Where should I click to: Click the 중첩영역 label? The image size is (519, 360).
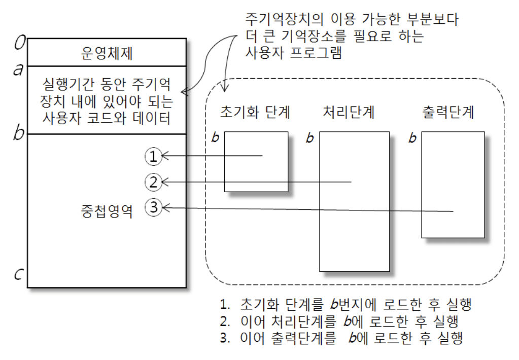coord(107,211)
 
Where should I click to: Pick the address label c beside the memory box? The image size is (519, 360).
coord(18,274)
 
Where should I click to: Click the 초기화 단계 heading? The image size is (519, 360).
coord(255,113)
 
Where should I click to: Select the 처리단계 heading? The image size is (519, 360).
coord(349,113)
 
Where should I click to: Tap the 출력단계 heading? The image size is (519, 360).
coord(448,113)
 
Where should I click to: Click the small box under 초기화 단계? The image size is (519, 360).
coord(256,162)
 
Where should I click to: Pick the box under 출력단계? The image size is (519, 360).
coord(453,185)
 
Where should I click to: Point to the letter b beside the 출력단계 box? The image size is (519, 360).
coord(413,138)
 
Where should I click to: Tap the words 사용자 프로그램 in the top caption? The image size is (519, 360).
coord(293,53)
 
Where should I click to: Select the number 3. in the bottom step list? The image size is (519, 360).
coord(224,339)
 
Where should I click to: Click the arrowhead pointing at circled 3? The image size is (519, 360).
coord(164,207)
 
